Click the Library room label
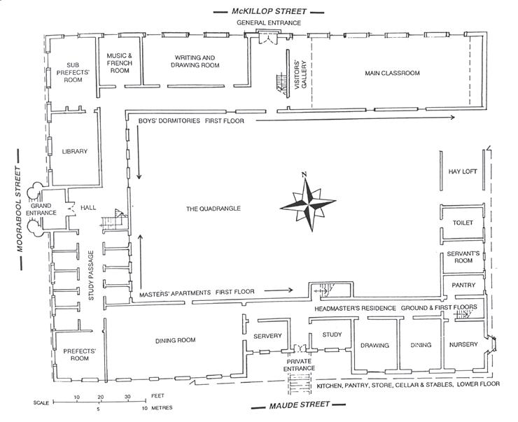point(74,151)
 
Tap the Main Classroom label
point(392,73)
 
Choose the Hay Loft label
point(462,171)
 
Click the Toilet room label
point(463,223)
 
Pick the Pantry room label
point(463,285)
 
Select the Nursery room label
point(464,345)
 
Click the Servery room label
point(267,336)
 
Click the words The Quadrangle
point(213,209)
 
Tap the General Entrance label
point(269,23)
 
